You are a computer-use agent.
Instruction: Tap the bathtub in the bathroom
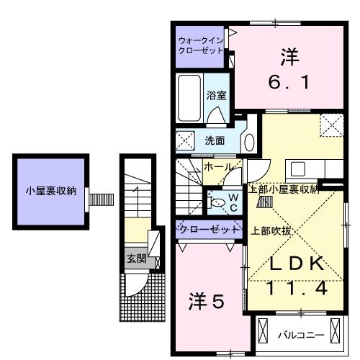[x=189, y=99]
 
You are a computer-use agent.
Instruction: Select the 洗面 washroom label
[x=214, y=140]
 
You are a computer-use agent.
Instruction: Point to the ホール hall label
[x=217, y=167]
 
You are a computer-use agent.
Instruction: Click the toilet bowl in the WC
[x=218, y=204]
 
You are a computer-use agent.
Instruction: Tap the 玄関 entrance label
[x=136, y=258]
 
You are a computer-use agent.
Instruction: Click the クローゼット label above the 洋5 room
[x=209, y=229]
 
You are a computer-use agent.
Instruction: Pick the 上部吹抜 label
[x=271, y=230]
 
